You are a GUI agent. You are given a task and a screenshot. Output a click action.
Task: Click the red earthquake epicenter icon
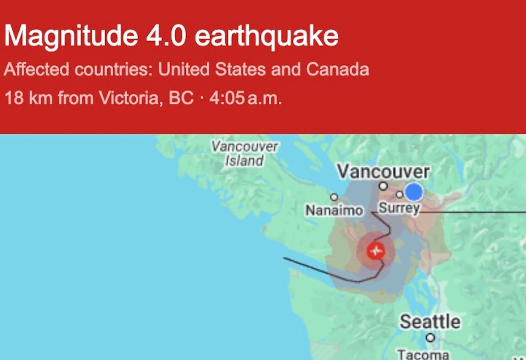coord(376,251)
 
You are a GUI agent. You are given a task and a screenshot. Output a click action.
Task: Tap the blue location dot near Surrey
coord(413,192)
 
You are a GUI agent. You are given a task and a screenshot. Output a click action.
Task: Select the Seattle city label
coord(430,322)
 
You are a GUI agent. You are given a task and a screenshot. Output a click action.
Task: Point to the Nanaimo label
coord(334,211)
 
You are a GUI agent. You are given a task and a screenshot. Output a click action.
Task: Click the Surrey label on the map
coord(399,208)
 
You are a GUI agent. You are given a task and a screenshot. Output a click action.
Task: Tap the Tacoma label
coord(423,354)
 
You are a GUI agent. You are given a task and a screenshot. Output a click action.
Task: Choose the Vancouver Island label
coord(245,153)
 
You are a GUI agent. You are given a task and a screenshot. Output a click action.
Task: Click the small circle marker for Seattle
coord(430,338)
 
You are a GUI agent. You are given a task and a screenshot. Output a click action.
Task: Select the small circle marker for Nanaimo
coord(334,198)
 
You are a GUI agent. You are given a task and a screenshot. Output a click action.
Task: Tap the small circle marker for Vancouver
coord(384,186)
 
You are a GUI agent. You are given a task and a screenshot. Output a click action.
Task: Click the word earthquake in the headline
coord(267,37)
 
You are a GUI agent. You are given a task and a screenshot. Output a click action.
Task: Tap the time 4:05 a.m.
coord(245,98)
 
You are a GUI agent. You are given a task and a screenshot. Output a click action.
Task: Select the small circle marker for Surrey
coord(399,194)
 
